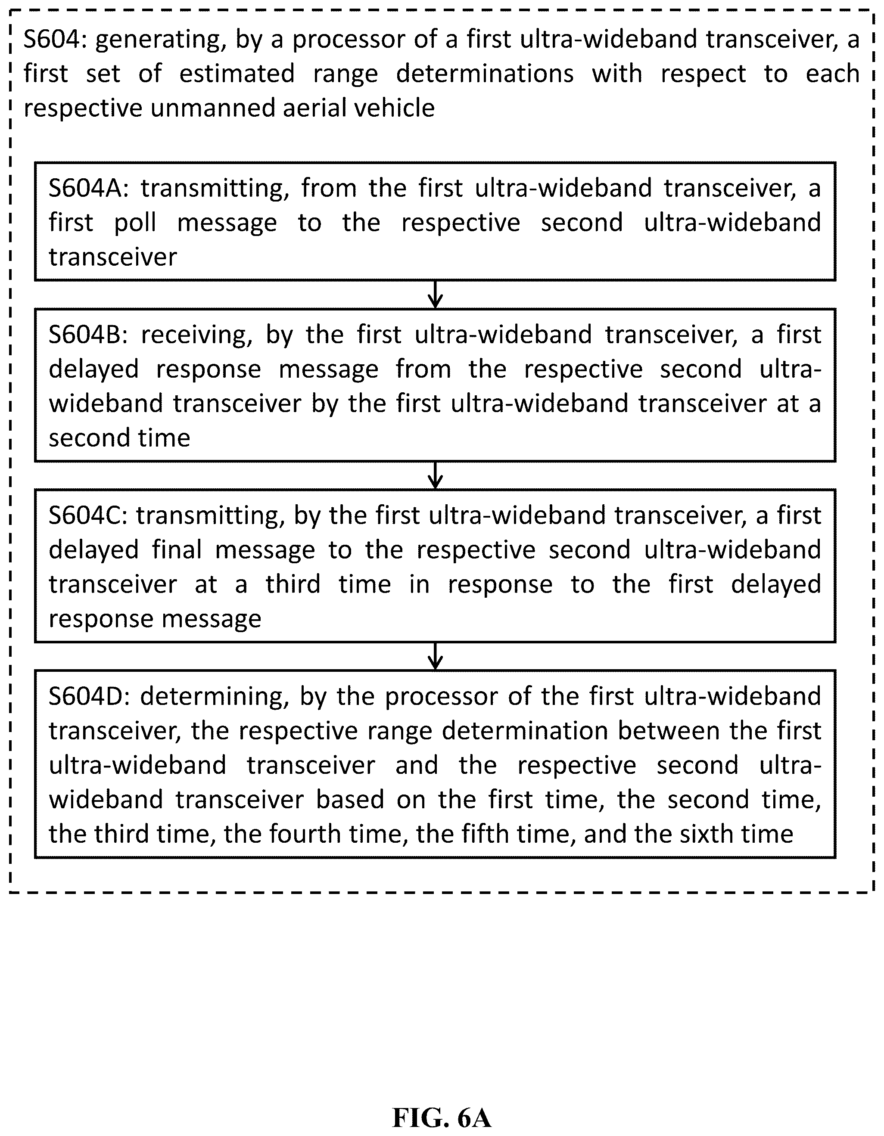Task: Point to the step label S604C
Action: click(87, 515)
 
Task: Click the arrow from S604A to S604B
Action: click(435, 295)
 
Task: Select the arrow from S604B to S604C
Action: click(435, 475)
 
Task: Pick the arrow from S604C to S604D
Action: click(435, 656)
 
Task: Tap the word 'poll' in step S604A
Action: click(135, 223)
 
